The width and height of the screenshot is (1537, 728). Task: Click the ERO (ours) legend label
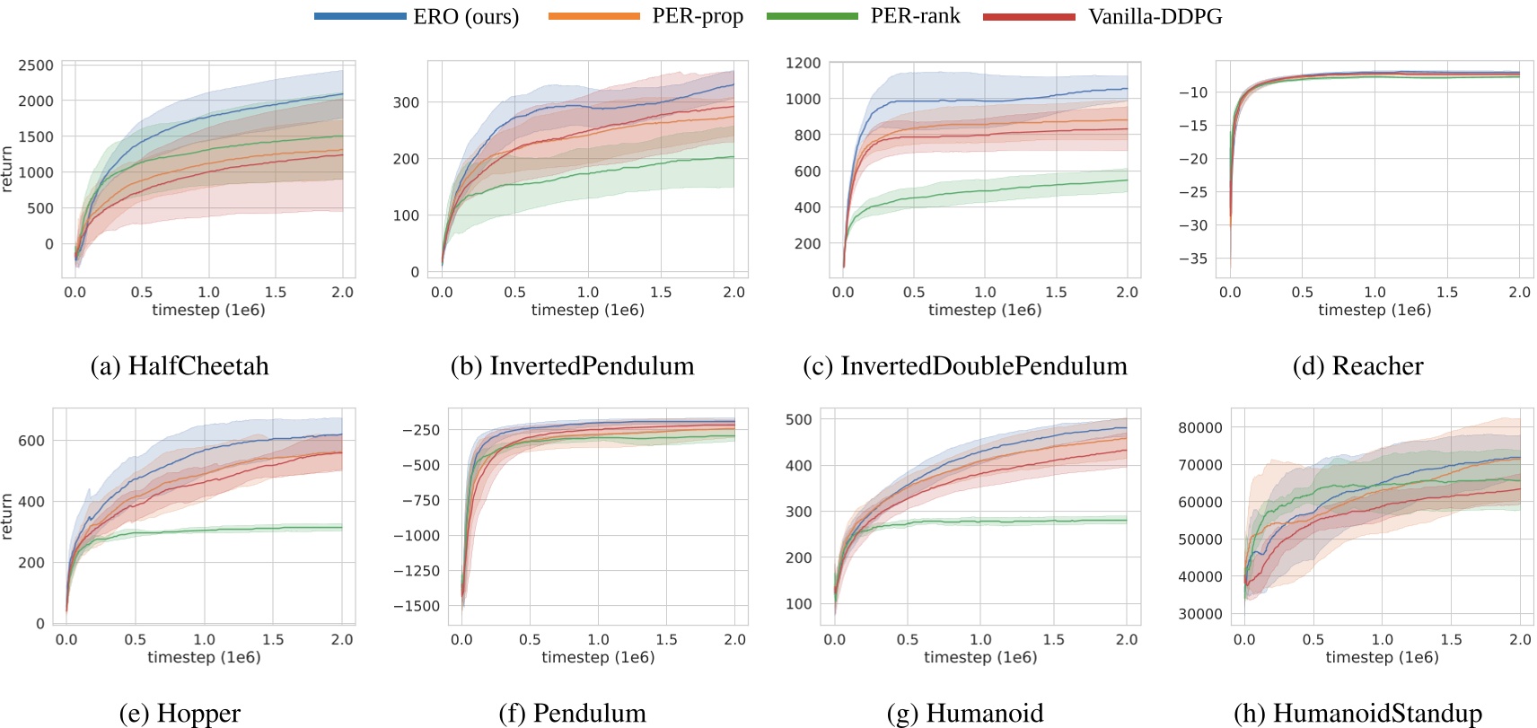466,17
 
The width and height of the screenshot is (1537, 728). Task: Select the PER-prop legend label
698,16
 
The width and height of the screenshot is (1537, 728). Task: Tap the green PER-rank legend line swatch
812,16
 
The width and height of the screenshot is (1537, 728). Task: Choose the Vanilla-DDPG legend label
1155,17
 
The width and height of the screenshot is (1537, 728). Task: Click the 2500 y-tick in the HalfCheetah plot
36,66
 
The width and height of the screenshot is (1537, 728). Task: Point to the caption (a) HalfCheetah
180,366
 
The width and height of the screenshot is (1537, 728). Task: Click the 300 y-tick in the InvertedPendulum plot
406,102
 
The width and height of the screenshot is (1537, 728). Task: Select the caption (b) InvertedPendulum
572,366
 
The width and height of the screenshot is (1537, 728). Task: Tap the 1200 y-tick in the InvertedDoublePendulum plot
803,63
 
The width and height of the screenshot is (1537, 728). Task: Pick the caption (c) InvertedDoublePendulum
965,366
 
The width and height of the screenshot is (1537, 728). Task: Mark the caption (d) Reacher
1357,366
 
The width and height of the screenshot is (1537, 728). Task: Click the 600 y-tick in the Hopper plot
31,441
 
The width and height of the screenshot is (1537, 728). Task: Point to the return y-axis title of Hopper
7,517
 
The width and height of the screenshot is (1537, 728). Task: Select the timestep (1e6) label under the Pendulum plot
598,657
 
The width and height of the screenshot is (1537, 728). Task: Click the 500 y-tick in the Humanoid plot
798,419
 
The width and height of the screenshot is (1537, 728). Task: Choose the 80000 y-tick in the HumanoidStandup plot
1200,428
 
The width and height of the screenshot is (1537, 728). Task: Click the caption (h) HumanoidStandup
1357,714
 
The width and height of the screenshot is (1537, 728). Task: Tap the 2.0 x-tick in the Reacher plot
1519,293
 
